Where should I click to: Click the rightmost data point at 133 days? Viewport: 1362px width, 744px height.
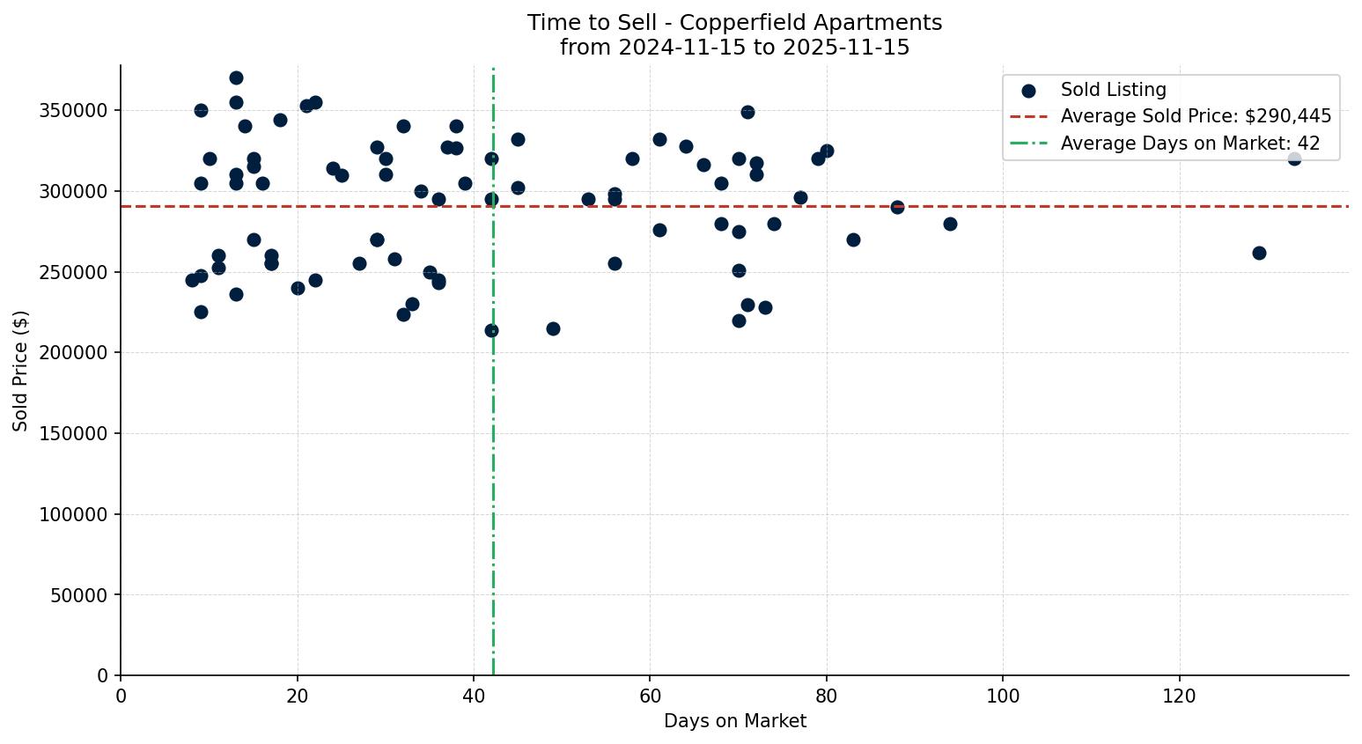(x=1293, y=159)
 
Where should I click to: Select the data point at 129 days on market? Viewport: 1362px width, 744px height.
(x=1258, y=253)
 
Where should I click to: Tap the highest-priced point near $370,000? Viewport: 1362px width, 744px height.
(x=236, y=78)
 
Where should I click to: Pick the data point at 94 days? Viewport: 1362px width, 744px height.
(x=950, y=224)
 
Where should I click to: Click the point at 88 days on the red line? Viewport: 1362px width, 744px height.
(x=897, y=207)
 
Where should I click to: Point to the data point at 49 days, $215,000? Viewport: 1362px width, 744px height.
(x=553, y=328)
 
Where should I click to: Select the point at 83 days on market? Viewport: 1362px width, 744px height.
(x=853, y=239)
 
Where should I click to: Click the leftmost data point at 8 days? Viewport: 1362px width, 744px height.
(x=192, y=280)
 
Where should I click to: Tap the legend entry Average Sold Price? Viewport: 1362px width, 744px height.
(x=1195, y=116)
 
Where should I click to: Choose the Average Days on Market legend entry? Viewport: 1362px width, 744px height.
(x=1189, y=144)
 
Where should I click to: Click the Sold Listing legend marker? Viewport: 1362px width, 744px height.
(x=1028, y=91)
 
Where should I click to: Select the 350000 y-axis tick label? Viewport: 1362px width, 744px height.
(x=73, y=111)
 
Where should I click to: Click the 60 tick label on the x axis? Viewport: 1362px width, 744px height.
(x=650, y=696)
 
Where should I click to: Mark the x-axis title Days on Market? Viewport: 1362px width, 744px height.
(x=734, y=721)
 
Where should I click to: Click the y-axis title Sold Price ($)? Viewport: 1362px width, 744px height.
(x=20, y=371)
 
